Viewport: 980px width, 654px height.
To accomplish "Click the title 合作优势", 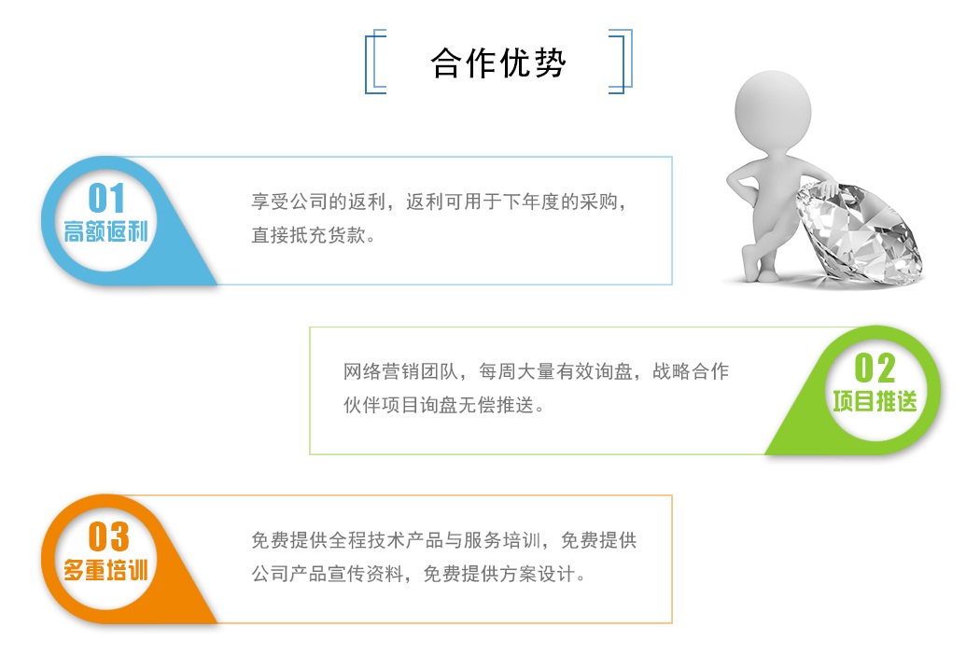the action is [498, 63].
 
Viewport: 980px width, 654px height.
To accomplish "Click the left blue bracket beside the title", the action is [367, 62].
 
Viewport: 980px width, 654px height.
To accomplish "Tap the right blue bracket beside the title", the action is [630, 62].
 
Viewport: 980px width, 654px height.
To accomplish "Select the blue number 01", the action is [106, 198].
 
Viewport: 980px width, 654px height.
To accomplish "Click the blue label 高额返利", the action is [105, 231].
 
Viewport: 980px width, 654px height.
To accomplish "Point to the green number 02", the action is [875, 368].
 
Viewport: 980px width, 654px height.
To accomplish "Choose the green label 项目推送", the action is [875, 401].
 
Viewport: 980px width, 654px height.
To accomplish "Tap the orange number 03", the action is [108, 536].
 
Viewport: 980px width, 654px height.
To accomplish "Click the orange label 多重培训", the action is [105, 570].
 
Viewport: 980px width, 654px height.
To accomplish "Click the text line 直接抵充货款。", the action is [314, 235].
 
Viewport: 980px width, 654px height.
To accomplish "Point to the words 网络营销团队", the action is [401, 371].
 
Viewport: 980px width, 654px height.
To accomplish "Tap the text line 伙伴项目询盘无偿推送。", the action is [444, 406].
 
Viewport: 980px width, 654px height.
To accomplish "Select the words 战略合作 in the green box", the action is [691, 371].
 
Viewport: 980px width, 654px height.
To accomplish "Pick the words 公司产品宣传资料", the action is [329, 574].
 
